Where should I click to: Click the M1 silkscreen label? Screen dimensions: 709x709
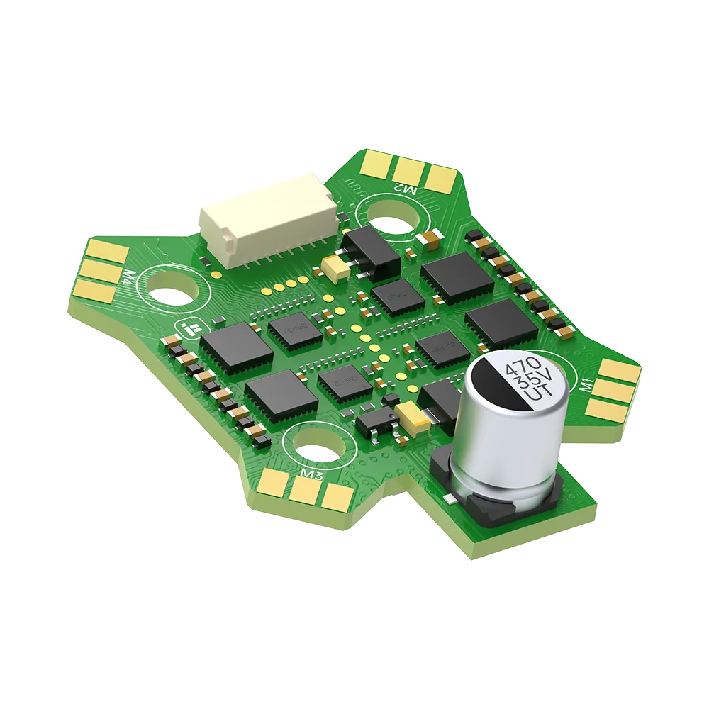click(586, 386)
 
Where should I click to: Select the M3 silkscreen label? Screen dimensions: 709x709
click(312, 473)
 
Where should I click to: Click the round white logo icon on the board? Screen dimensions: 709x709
click(188, 328)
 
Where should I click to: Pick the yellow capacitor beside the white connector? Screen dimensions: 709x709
click(334, 265)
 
